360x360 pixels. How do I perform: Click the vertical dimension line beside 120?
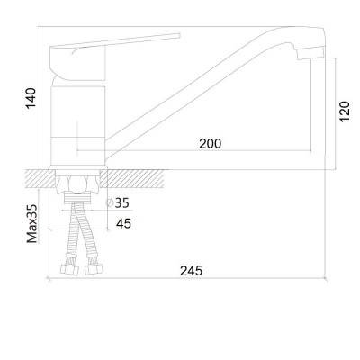tap(337, 112)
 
